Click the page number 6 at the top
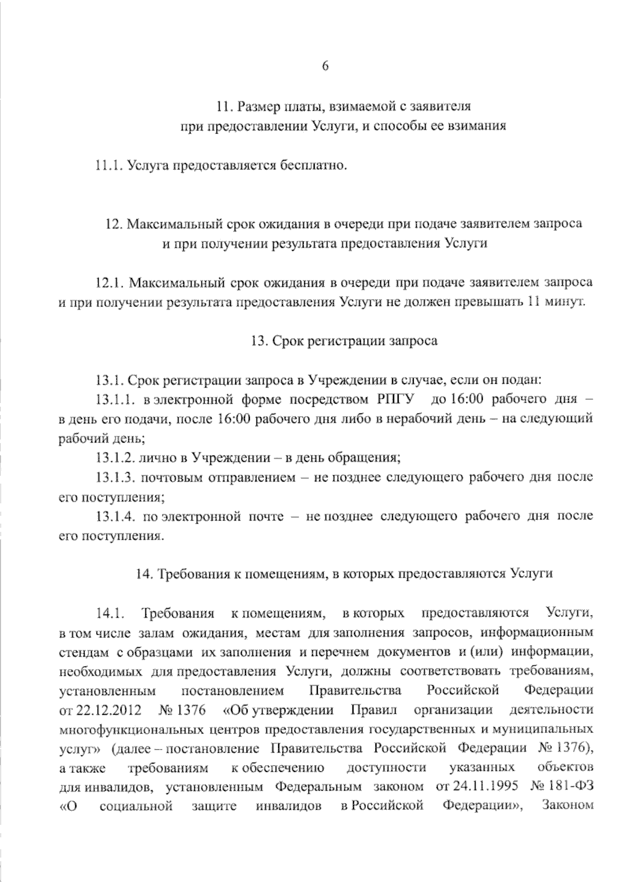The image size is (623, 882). (325, 65)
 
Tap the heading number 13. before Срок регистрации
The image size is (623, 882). (259, 341)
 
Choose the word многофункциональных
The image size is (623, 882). (130, 729)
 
